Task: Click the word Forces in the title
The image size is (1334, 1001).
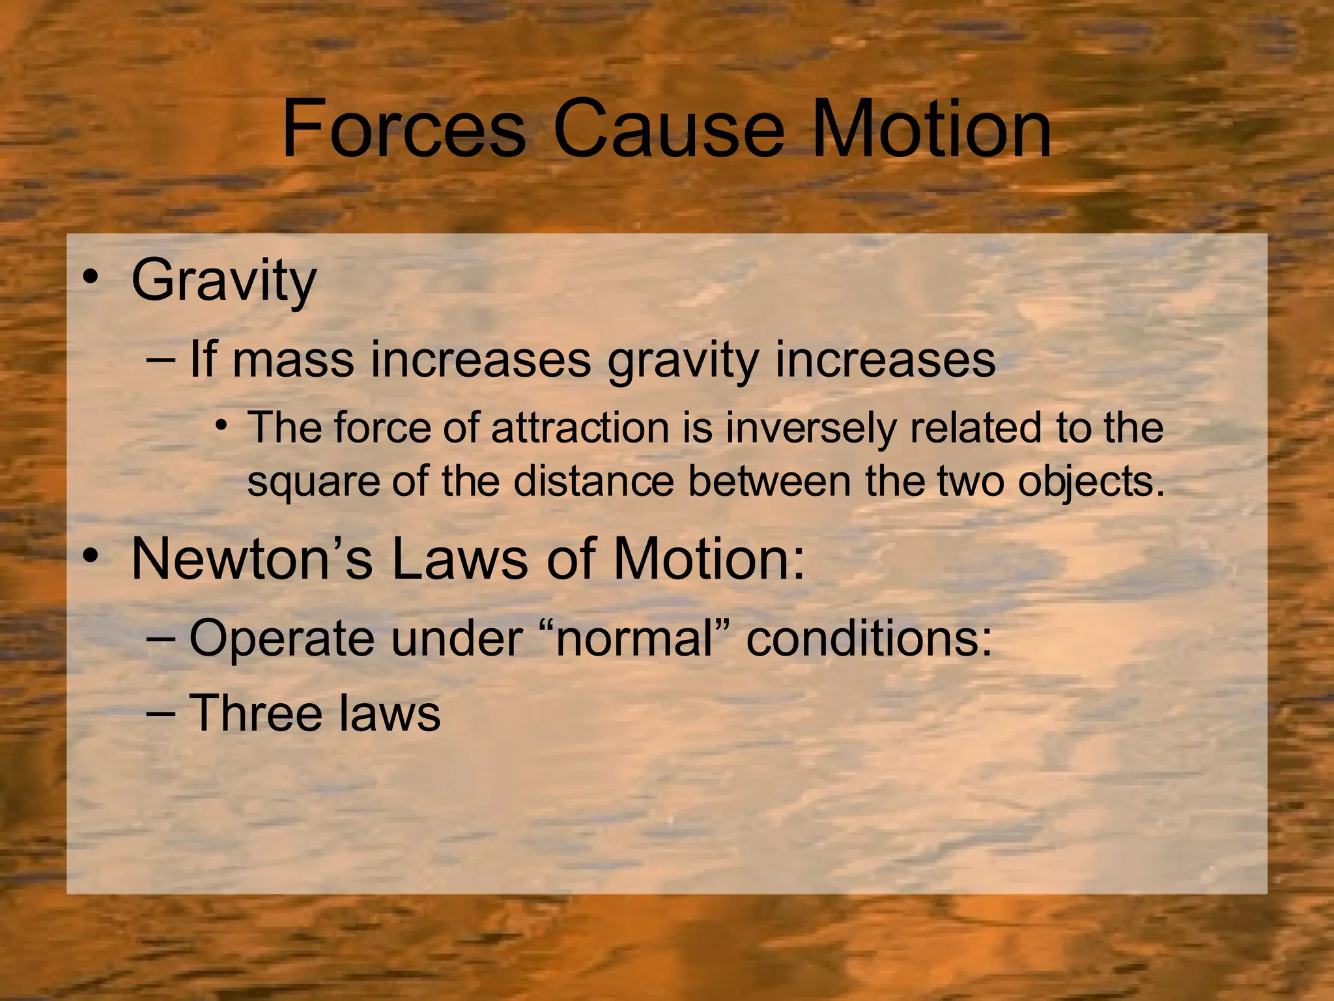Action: coord(403,128)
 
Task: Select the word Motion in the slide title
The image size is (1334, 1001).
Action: coord(932,128)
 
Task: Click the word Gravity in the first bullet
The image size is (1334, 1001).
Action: coord(223,282)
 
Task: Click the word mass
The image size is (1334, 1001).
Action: coord(293,360)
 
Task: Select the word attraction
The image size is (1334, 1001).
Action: coord(580,428)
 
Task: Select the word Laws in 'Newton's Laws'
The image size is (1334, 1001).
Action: coord(459,559)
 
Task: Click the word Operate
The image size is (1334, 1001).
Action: coord(281,639)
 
